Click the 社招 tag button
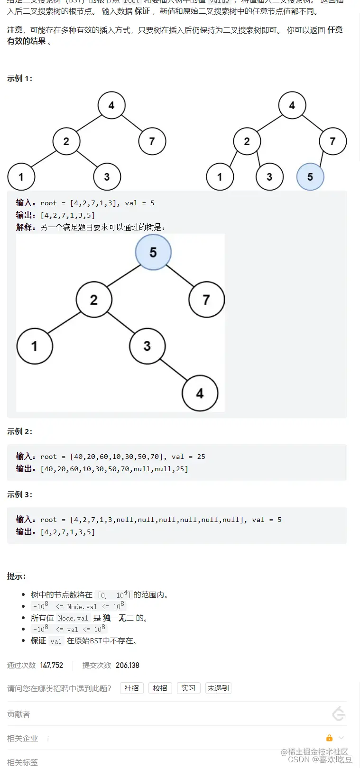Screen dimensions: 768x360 (131, 688)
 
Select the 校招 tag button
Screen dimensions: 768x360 (160, 688)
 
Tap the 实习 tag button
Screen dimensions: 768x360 (188, 688)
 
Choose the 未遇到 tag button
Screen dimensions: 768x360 (218, 688)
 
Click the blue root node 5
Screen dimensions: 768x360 (153, 252)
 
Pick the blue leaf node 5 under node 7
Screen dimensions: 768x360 (310, 177)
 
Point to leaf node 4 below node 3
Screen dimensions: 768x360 (200, 393)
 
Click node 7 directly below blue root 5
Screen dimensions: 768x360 (206, 300)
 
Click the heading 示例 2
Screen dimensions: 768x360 (19, 431)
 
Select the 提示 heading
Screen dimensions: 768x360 (16, 576)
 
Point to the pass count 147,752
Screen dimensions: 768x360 (52, 665)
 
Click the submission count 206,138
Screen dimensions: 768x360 (128, 665)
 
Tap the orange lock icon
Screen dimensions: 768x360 (329, 738)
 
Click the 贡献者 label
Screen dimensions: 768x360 (18, 714)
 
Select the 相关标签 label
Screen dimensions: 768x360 (22, 762)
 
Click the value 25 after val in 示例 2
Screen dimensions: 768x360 (201, 457)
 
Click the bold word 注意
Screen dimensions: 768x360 (15, 30)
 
